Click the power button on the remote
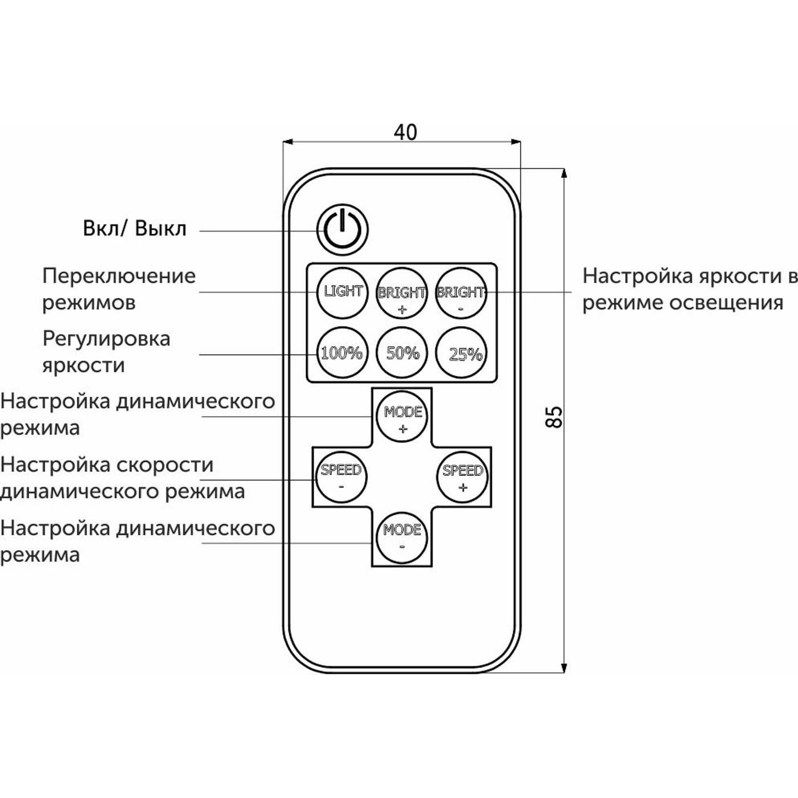pyautogui.click(x=343, y=230)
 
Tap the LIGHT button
pyautogui.click(x=343, y=292)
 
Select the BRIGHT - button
pyautogui.click(x=461, y=292)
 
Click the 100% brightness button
pyautogui.click(x=341, y=353)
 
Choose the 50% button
pyautogui.click(x=402, y=353)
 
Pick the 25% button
pyautogui.click(x=463, y=353)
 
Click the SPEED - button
pyautogui.click(x=341, y=477)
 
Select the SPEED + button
pyautogui.click(x=463, y=477)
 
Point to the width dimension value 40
pyautogui.click(x=405, y=132)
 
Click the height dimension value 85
pyautogui.click(x=553, y=417)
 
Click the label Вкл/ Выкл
pyautogui.click(x=135, y=229)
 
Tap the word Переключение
pyautogui.click(x=119, y=276)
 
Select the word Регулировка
pyautogui.click(x=106, y=339)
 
